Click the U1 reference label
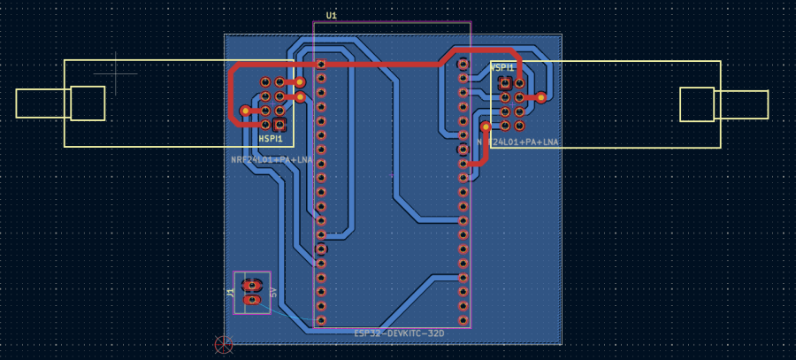click(332, 16)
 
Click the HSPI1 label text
click(271, 139)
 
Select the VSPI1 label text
click(502, 67)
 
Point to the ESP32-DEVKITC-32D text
click(399, 333)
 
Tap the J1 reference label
click(231, 292)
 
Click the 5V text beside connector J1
click(274, 292)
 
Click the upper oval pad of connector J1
click(252, 285)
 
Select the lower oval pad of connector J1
click(252, 301)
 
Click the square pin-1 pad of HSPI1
click(279, 124)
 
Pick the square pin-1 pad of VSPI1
click(505, 83)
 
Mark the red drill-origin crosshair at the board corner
click(224, 343)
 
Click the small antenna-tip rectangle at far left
click(42, 103)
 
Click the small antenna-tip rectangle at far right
click(742, 104)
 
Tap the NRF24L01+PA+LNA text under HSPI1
click(272, 160)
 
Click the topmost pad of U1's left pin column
click(321, 64)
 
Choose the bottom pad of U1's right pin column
click(462, 319)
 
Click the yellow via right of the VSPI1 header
click(541, 97)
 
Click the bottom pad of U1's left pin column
click(321, 319)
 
